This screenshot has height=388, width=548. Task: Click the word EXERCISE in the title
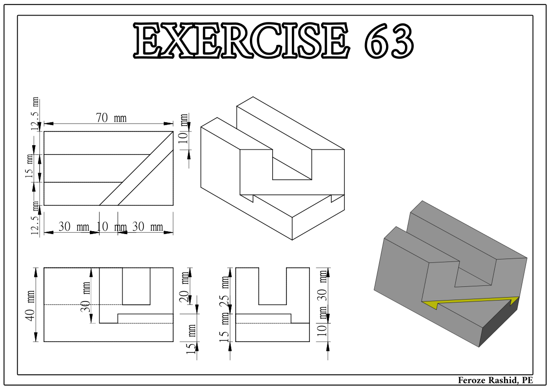coord(241,40)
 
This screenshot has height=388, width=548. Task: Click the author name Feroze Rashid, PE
coord(496,380)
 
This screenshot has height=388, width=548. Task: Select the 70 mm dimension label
coord(111,118)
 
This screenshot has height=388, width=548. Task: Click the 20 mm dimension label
coord(184,287)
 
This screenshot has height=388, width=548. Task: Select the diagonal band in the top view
coord(136,168)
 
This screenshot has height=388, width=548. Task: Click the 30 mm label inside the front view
coord(85,298)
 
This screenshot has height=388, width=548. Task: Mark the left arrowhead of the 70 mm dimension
coord(48,124)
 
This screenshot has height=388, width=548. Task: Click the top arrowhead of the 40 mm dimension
coord(36,272)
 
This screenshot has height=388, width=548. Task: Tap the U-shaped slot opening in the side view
coord(273,286)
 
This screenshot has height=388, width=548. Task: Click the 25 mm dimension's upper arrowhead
coord(230,272)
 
